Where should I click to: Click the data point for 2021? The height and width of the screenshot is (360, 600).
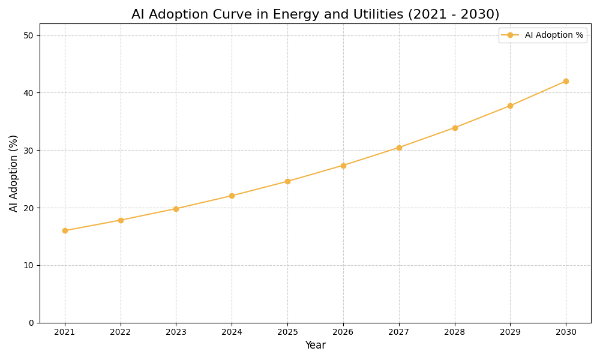tap(65, 230)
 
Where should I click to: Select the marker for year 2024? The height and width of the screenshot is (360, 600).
tap(232, 196)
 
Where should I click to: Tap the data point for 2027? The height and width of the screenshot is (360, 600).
tap(399, 148)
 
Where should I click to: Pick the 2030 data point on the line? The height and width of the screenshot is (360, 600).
tap(566, 81)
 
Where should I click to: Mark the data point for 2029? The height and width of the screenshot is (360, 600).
tap(510, 106)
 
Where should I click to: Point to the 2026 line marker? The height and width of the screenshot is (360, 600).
tap(343, 166)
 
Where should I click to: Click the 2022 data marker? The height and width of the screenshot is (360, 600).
tap(121, 220)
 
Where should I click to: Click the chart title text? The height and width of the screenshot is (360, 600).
tap(315, 14)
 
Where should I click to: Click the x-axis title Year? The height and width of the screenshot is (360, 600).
tap(315, 346)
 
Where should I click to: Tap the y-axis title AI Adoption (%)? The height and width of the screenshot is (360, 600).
tap(14, 173)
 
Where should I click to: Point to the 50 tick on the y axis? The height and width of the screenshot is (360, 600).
tap(28, 35)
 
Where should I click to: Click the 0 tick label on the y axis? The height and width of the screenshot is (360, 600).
tap(31, 323)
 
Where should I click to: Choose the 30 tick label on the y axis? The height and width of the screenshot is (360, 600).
tap(28, 151)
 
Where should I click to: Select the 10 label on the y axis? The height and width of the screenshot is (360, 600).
tap(28, 265)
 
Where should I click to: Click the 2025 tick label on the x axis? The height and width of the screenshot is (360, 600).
tap(287, 332)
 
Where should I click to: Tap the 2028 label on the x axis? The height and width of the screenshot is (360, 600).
tap(454, 332)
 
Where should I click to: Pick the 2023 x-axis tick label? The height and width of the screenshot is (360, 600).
tap(176, 332)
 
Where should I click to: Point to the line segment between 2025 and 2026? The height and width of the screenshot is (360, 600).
tap(315, 173)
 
